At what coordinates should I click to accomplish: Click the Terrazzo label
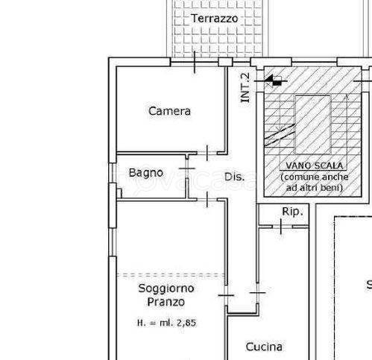click(x=214, y=18)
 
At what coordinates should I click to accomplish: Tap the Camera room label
click(x=169, y=111)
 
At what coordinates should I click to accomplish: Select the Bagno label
click(x=145, y=172)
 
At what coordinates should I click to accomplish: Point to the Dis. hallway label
click(x=235, y=177)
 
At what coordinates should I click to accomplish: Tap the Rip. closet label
click(x=292, y=212)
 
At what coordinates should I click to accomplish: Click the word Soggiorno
click(x=165, y=288)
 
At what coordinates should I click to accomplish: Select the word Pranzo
click(x=165, y=302)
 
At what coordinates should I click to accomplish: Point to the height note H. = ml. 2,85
click(x=165, y=323)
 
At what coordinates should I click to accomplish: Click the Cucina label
click(x=265, y=346)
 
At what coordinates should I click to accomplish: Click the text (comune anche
click(x=312, y=177)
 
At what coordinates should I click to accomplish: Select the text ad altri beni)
click(x=312, y=189)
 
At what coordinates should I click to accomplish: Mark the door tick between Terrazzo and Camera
click(x=195, y=63)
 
